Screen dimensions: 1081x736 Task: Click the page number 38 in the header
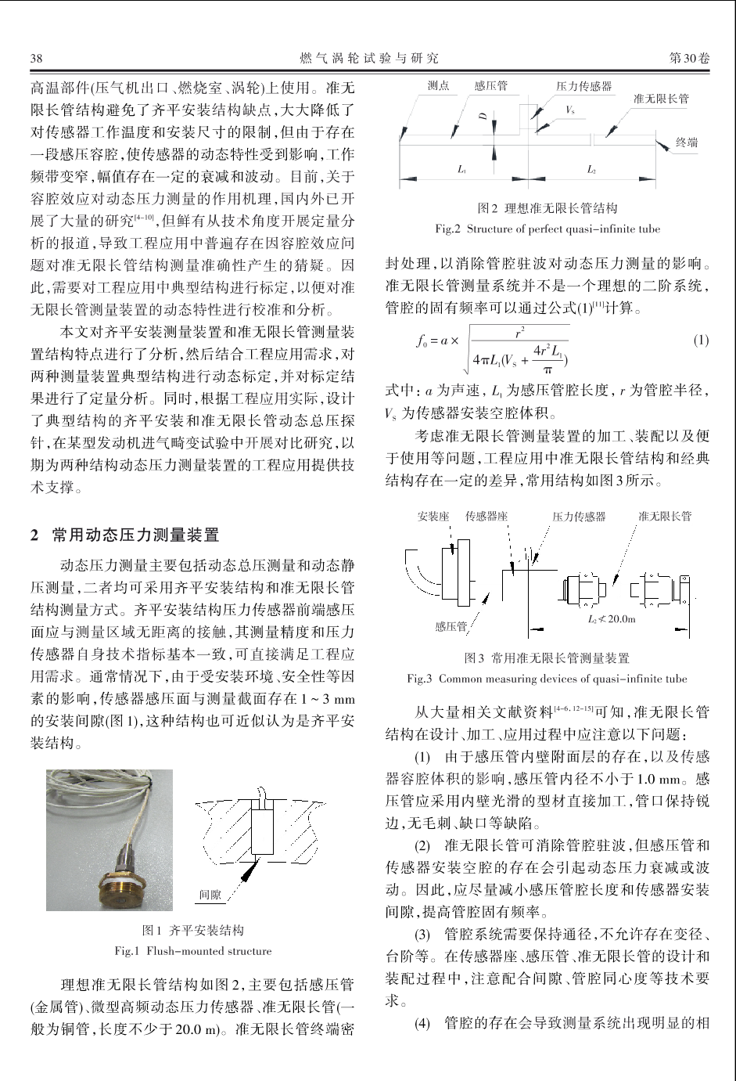[36, 59]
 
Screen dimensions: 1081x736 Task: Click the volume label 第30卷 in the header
[689, 59]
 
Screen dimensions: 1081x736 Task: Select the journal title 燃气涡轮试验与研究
[369, 59]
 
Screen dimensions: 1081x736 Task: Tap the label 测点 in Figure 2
[438, 85]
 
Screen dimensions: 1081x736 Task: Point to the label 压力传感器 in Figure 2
[583, 86]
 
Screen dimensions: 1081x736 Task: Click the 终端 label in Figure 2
[687, 142]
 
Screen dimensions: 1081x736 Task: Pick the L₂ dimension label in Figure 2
[592, 169]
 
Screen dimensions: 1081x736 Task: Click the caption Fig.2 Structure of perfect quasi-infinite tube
[548, 229]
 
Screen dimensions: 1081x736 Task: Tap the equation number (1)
[700, 340]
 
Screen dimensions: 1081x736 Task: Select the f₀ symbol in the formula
[423, 341]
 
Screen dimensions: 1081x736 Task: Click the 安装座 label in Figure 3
[433, 517]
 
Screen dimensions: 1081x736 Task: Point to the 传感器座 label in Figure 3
[486, 517]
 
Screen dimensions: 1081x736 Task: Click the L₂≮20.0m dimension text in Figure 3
[611, 619]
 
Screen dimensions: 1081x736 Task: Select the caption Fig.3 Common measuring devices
[548, 679]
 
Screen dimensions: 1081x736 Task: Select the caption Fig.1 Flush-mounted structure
[193, 951]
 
